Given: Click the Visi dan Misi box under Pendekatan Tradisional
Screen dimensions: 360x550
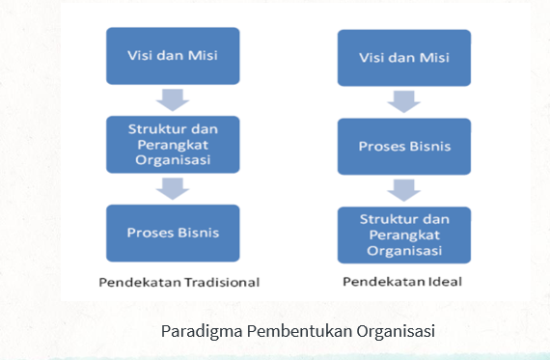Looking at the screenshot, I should (x=173, y=55).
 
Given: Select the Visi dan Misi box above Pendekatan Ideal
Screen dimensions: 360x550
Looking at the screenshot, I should (x=403, y=58).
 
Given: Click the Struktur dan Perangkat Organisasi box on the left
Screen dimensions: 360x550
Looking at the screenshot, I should (x=173, y=144).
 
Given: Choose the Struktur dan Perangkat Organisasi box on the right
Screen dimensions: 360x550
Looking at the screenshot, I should (x=403, y=235).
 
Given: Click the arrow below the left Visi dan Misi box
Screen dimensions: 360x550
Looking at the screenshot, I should (x=173, y=99).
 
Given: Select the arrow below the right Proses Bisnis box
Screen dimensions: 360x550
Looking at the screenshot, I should (x=404, y=190).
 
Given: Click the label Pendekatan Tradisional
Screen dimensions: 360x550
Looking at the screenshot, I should (x=179, y=282).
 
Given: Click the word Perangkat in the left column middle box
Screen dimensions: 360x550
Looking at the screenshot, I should (x=173, y=144).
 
